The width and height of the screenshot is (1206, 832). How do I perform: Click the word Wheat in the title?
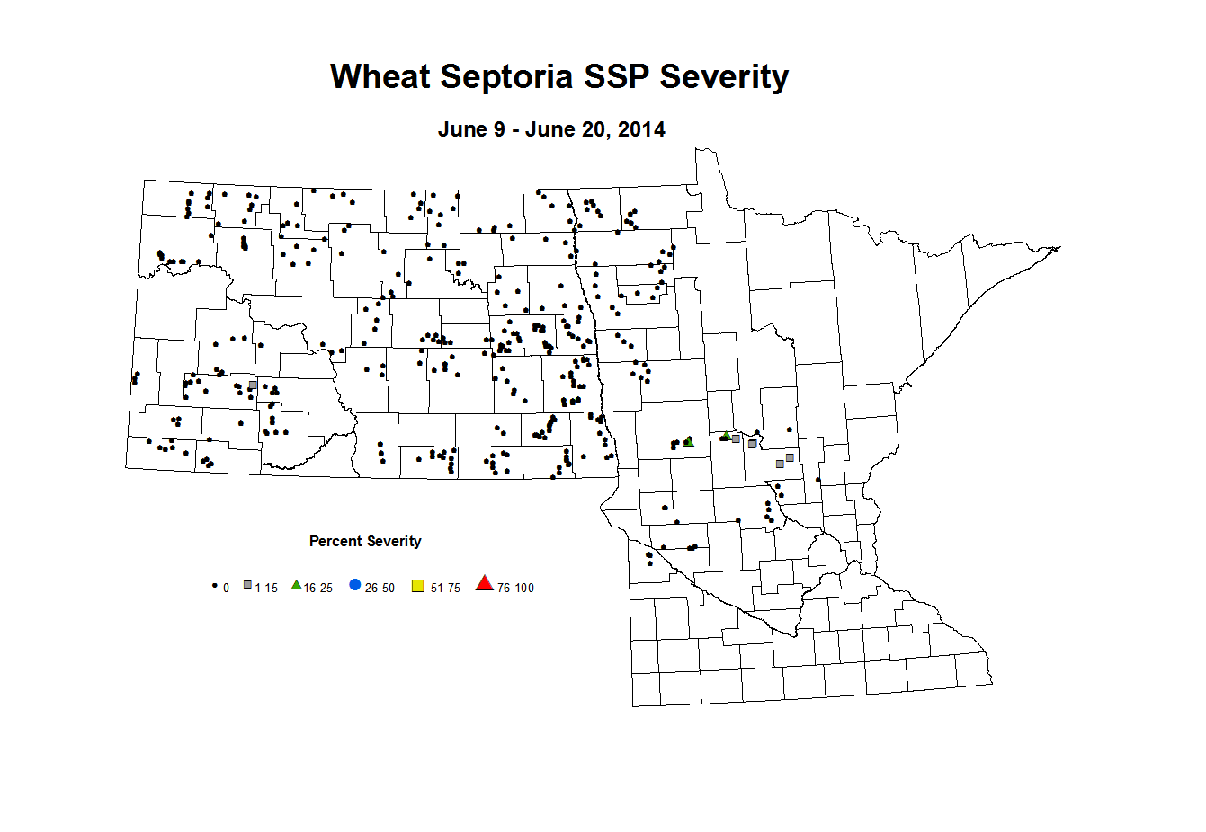[380, 77]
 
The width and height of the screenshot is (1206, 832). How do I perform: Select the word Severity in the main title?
[724, 77]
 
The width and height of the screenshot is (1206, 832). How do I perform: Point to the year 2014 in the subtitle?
[641, 129]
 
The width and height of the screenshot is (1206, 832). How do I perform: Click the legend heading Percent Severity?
[365, 541]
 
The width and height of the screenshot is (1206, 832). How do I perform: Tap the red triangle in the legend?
[485, 585]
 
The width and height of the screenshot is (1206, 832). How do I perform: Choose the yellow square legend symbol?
[418, 587]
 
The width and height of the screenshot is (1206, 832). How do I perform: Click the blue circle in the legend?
[355, 585]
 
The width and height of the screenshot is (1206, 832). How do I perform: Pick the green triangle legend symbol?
[297, 585]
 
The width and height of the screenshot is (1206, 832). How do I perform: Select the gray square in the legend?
[247, 586]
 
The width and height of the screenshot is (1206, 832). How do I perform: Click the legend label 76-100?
[515, 589]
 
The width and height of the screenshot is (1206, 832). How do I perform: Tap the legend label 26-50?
[380, 589]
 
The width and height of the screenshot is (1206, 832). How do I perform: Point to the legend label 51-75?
[445, 589]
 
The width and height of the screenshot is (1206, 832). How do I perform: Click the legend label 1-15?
[266, 589]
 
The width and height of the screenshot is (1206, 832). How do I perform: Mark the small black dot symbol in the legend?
[214, 586]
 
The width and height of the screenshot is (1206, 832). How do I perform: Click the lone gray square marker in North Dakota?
[253, 385]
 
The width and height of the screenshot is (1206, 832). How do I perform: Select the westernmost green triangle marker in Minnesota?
[689, 441]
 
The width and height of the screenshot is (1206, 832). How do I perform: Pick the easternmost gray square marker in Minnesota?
[790, 458]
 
